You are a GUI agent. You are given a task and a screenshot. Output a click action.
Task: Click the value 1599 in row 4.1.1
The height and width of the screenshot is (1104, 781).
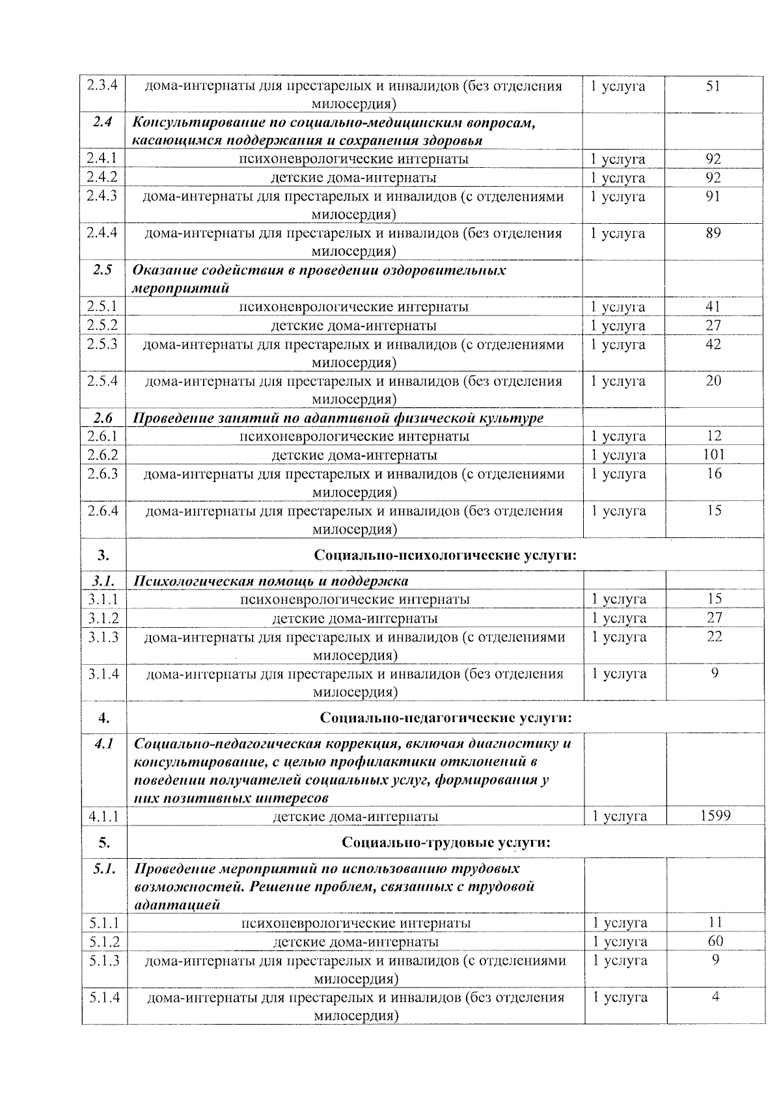pos(715,815)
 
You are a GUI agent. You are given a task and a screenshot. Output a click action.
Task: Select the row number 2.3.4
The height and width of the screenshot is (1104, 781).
pos(102,85)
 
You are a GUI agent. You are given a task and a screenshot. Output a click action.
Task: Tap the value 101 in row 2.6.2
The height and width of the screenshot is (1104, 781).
pos(714,454)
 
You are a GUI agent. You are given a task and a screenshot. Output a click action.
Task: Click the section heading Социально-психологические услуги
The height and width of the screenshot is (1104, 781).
pos(446,554)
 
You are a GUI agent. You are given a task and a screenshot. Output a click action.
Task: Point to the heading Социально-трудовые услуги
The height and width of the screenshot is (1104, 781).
pos(446,842)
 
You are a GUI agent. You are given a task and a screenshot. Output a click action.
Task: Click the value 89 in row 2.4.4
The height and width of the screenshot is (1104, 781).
pos(713,232)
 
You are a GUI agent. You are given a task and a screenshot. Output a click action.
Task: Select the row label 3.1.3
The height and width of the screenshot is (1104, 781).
pos(103,636)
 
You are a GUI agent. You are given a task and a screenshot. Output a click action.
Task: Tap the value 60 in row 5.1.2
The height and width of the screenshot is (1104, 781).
pos(715,941)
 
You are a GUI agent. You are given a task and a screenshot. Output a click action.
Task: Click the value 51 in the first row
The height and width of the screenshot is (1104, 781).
pos(713,85)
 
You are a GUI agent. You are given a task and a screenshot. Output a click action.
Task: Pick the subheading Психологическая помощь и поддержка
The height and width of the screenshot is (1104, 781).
pos(271,580)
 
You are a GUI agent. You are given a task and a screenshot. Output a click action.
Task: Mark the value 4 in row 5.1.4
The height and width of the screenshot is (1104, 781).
pos(715,997)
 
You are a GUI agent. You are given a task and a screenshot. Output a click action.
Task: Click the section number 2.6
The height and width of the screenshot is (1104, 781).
pos(103,417)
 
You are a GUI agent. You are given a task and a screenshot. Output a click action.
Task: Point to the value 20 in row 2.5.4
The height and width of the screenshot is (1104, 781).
pos(713,381)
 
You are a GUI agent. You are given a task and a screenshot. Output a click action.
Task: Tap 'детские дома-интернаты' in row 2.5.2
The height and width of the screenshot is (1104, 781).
pos(353,325)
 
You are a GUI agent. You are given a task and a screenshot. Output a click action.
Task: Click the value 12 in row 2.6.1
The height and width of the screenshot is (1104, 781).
pos(714,435)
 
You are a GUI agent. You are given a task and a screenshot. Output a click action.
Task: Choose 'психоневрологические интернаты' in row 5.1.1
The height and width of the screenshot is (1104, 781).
pos(356,922)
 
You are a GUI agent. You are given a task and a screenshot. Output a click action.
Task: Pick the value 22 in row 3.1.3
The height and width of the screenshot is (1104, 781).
pos(715,636)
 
